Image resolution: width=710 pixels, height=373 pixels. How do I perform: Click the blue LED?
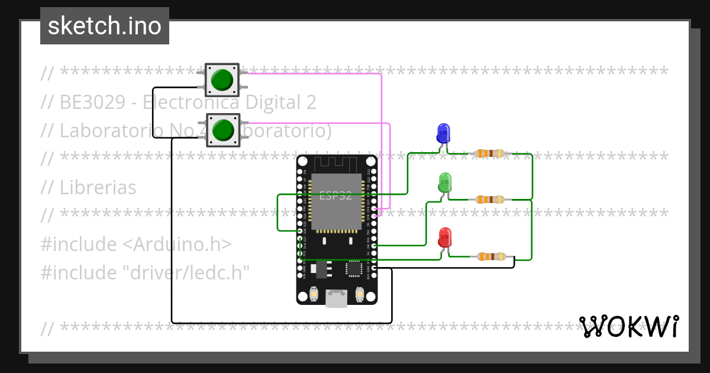pos(443,133)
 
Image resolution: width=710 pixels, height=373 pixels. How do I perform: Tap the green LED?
pos(445,182)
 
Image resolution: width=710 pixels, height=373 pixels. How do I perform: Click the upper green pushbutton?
pos(222,79)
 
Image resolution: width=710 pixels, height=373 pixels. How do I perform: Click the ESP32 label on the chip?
pos(335,196)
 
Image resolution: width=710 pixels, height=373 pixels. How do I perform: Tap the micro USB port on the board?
pos(337,299)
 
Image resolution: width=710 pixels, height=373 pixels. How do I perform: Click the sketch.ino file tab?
pos(105,26)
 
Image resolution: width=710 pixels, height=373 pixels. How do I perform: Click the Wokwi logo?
pos(628,326)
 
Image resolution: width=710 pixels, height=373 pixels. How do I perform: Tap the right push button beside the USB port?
pos(359,293)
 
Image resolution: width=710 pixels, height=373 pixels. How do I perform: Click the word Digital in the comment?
pos(273,102)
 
